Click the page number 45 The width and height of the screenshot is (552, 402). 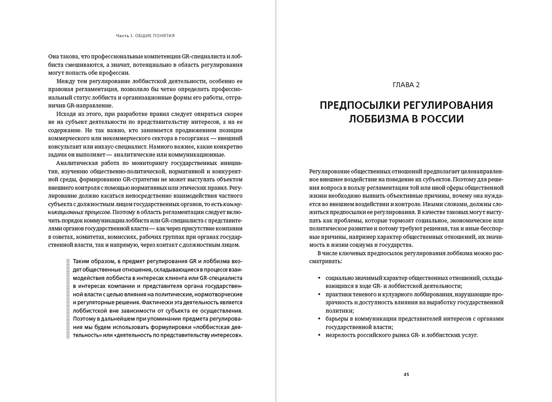[406, 374]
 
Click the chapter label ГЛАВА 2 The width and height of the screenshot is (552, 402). [406, 85]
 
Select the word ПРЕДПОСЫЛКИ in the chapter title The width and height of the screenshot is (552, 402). [359, 105]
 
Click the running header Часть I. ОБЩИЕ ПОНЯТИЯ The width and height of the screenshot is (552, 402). [145, 36]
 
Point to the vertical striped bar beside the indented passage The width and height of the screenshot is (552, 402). [68, 298]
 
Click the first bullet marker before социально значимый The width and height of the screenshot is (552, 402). [319, 278]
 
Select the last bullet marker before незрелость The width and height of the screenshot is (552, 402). [319, 335]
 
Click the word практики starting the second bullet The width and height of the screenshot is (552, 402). [338, 294]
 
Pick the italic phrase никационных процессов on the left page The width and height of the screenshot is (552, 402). [79, 212]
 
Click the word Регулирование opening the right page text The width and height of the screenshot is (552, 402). [329, 171]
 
